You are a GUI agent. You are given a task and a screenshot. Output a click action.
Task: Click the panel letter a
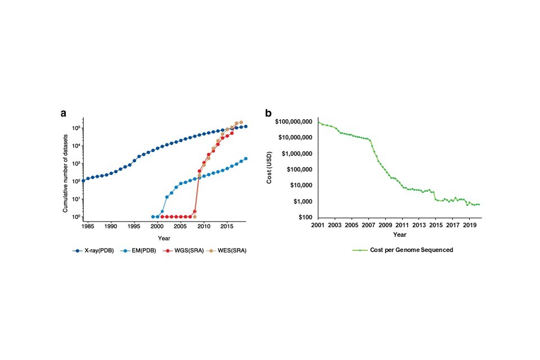click(64, 112)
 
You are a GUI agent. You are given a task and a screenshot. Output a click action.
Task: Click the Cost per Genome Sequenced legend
click(402, 250)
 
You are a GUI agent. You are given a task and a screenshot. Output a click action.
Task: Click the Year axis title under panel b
click(400, 235)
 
